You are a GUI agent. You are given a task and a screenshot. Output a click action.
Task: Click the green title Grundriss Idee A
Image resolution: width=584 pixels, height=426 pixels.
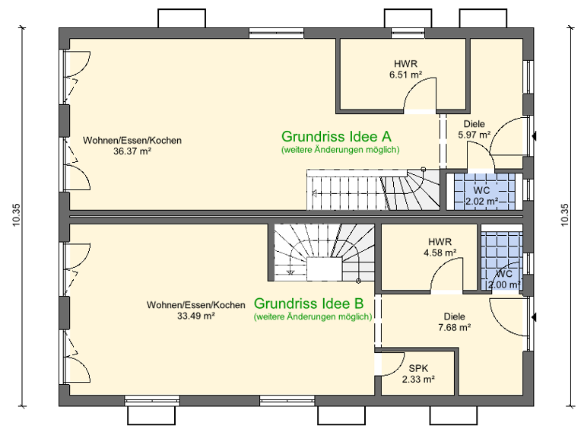pos(336,137)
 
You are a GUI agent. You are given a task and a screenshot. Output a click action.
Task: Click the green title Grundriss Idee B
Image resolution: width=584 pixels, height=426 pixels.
pos(313,303)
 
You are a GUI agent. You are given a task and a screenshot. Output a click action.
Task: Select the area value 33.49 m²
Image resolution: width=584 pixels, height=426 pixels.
pos(196,316)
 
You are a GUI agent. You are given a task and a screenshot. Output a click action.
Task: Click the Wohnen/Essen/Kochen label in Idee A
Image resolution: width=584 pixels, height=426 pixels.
pos(132,141)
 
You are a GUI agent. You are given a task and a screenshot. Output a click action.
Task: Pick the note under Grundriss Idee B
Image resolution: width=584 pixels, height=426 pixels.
pos(313,316)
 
